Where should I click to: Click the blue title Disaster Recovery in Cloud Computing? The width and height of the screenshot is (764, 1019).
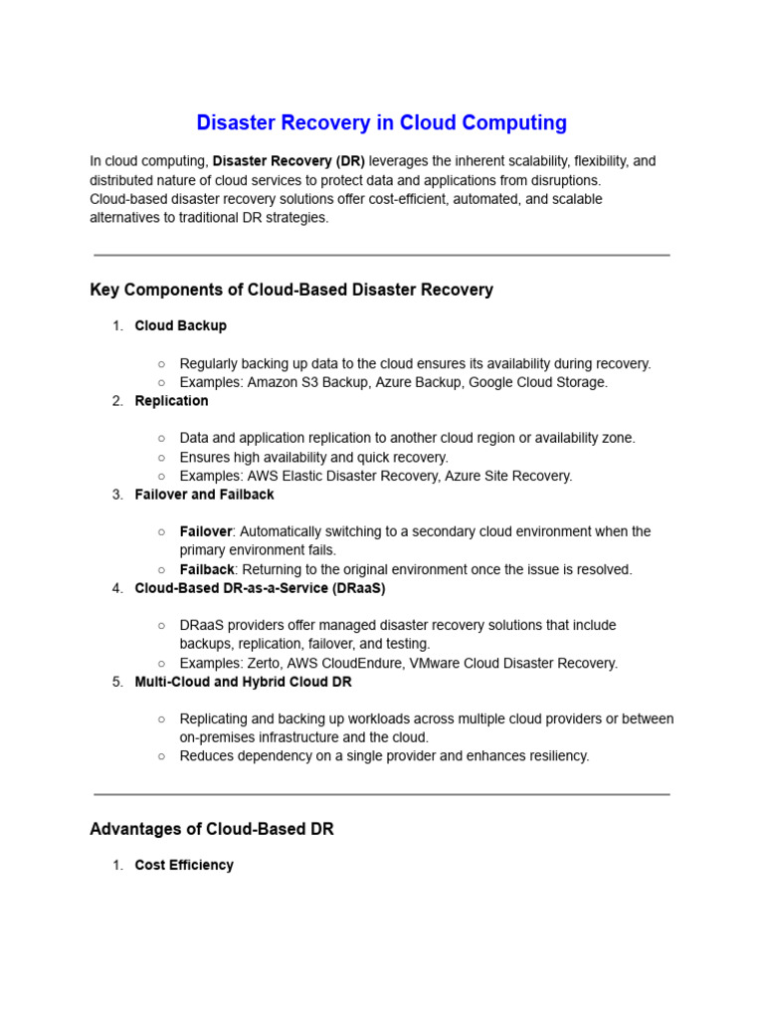point(381,123)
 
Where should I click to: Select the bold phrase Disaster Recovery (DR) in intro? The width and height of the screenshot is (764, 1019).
point(288,161)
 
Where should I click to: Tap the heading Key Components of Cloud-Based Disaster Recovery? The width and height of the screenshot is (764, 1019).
point(291,291)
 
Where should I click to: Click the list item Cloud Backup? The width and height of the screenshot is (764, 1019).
point(180,325)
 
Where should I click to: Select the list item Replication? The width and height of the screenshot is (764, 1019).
point(171,401)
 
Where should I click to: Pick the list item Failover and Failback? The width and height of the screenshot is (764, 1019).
point(204,495)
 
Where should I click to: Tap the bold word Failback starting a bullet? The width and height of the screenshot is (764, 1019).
point(207,570)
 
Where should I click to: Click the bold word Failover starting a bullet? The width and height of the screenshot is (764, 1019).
point(205,532)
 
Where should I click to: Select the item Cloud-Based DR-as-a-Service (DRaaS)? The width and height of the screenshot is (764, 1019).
point(260,588)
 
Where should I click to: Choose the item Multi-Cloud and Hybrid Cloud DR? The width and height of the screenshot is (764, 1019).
point(243,683)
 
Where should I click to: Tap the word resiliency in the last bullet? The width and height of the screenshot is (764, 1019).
point(558,756)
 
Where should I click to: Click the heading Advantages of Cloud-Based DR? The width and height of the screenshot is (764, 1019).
point(212,830)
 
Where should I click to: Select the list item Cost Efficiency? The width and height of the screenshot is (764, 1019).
point(184,866)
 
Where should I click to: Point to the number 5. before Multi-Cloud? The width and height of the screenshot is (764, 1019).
point(117,683)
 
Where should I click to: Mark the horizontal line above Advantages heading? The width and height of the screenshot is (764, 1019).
point(381,794)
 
